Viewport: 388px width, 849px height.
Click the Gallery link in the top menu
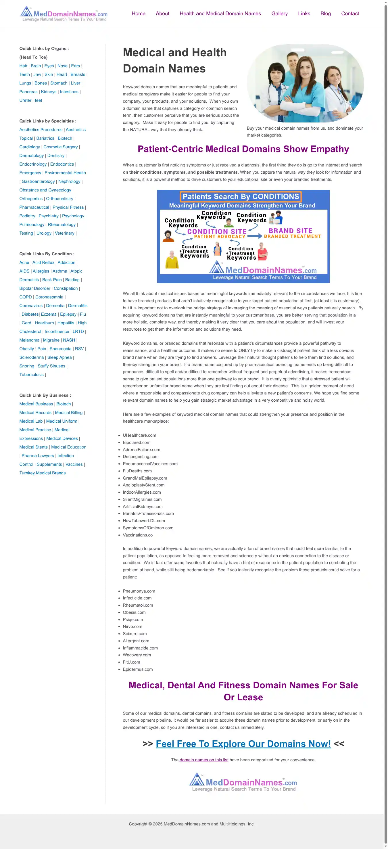click(x=279, y=14)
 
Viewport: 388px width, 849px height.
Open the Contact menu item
click(x=350, y=14)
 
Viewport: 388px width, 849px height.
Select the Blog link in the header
click(x=325, y=14)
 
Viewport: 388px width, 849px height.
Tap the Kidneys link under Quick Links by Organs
click(x=49, y=92)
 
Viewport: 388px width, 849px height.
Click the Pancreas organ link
click(x=28, y=92)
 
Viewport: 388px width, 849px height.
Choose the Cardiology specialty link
click(x=30, y=147)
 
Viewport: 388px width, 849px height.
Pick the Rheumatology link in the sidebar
click(x=62, y=225)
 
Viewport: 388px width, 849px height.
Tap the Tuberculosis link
click(x=31, y=375)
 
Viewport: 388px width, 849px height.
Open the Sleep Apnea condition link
click(x=59, y=358)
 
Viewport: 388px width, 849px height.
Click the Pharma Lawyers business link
click(x=38, y=456)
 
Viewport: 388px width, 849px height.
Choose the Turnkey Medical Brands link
click(x=43, y=473)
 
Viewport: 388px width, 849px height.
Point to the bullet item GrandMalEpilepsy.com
click(x=145, y=478)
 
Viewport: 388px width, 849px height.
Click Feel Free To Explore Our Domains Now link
click(x=243, y=744)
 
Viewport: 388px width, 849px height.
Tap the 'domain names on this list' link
click(x=203, y=760)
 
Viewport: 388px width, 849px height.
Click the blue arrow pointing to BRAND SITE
click(x=255, y=236)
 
